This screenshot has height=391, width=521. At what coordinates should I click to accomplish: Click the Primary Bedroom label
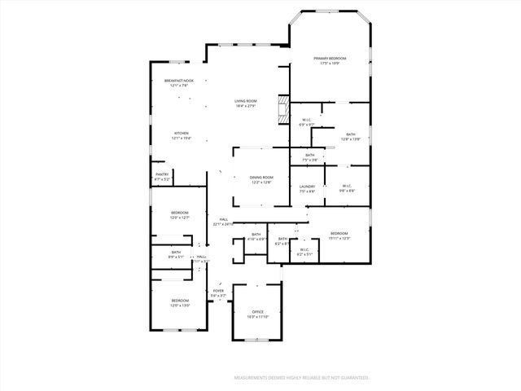[331, 59]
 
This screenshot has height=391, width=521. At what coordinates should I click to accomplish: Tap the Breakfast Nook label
[179, 81]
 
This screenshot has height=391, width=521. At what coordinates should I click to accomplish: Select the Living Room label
[246, 101]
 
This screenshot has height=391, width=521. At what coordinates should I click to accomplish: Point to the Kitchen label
[181, 133]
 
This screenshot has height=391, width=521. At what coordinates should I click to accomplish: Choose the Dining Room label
[261, 177]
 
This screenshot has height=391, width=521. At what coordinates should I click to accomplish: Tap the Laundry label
[307, 187]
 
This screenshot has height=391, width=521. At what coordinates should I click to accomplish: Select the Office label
[257, 312]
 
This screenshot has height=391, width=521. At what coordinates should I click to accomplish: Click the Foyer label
[218, 291]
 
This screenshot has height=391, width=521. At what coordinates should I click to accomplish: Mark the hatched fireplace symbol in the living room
[284, 109]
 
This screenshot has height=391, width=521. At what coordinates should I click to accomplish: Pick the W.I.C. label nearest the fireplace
[306, 120]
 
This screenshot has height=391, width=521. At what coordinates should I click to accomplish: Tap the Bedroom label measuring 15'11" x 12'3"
[339, 233]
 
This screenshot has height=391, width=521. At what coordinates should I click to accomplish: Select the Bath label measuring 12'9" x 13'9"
[350, 134]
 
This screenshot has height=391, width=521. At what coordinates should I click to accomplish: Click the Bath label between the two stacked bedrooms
[176, 252]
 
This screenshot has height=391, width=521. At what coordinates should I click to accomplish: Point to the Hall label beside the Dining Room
[223, 218]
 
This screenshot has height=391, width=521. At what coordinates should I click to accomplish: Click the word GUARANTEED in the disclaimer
[351, 378]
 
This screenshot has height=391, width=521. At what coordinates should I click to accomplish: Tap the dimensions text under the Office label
[257, 318]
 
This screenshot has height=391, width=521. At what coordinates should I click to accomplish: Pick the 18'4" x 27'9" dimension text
[246, 106]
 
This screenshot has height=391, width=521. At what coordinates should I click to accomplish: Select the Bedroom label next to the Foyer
[180, 301]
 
